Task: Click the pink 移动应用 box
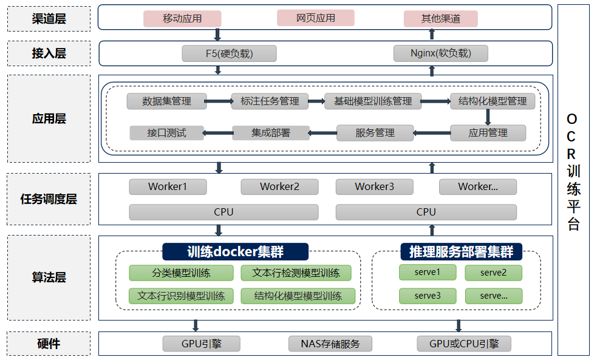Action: click(182, 19)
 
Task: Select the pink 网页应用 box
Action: click(315, 18)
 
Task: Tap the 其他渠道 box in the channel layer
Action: click(441, 19)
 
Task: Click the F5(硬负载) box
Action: click(229, 53)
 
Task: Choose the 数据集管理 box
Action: click(166, 101)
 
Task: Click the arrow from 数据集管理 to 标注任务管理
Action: click(219, 101)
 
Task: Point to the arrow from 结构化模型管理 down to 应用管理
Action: click(488, 117)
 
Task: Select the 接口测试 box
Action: click(166, 132)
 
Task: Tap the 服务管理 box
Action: click(375, 132)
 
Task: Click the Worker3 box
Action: click(374, 186)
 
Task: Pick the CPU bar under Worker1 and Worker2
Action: click(223, 212)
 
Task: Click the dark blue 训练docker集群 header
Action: click(235, 251)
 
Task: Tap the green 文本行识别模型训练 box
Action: click(180, 296)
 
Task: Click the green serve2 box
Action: click(493, 273)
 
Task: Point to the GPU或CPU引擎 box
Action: click(464, 344)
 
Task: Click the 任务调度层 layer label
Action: click(49, 199)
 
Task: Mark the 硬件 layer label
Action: click(49, 344)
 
